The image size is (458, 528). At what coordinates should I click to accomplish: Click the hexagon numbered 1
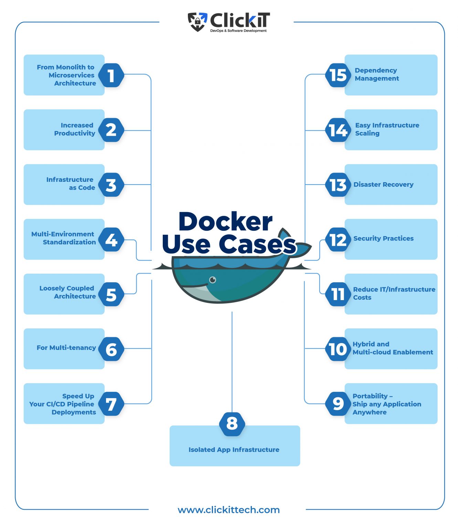(x=111, y=75)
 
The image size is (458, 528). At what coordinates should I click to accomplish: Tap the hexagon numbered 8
(x=232, y=423)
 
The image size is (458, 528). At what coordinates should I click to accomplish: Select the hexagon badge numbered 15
(x=338, y=75)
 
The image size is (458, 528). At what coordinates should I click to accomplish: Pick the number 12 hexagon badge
(x=338, y=240)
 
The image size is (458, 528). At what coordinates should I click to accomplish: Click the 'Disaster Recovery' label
(x=383, y=185)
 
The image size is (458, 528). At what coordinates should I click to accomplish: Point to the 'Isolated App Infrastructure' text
(x=234, y=450)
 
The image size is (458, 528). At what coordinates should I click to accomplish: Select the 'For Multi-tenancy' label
(x=66, y=348)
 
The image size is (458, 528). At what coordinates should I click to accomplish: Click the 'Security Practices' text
(x=383, y=239)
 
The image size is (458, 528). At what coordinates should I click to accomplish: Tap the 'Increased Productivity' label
(x=75, y=129)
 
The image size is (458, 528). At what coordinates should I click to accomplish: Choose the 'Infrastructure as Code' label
(x=71, y=184)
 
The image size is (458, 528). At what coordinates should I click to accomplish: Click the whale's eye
(x=213, y=280)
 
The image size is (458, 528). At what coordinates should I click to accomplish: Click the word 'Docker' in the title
(x=225, y=222)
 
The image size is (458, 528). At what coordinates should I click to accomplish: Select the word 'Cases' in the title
(x=257, y=244)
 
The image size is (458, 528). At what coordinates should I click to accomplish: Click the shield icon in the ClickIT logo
(x=197, y=22)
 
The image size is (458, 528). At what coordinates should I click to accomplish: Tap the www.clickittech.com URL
(x=228, y=510)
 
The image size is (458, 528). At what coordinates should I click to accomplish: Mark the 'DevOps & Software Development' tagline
(x=238, y=31)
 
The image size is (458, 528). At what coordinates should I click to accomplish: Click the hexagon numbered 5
(x=111, y=294)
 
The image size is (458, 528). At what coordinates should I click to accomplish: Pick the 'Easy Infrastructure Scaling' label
(x=387, y=129)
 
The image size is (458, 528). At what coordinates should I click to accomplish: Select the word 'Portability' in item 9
(x=370, y=396)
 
